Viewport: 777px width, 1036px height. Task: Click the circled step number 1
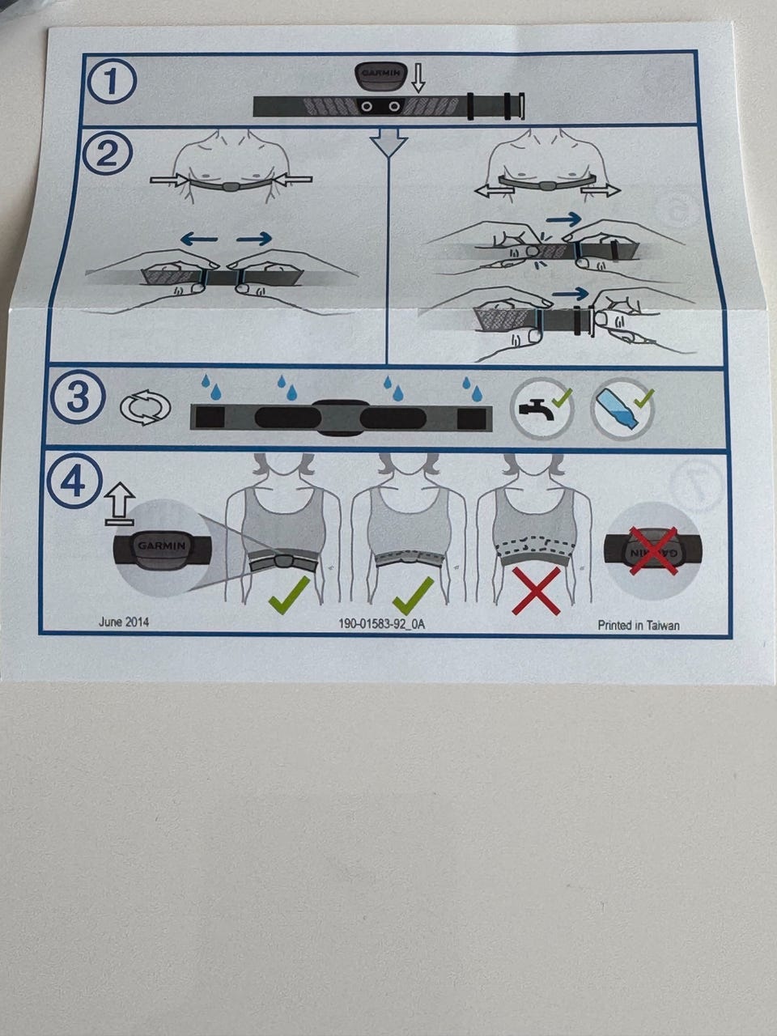[113, 80]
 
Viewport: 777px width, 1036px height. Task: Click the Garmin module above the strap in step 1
[380, 76]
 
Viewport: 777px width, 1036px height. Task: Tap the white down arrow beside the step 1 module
[418, 79]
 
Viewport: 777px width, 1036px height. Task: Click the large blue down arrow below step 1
[388, 142]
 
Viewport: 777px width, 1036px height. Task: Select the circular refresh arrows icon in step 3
[146, 406]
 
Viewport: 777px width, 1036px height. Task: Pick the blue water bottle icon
[622, 409]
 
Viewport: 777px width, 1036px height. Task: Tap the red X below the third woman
[536, 591]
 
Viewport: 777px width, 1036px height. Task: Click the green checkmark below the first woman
[289, 594]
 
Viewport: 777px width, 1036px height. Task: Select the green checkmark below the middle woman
[413, 594]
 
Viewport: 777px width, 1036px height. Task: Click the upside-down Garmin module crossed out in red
[652, 552]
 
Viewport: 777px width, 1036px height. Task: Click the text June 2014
[124, 622]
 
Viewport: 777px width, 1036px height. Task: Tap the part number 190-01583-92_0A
[382, 624]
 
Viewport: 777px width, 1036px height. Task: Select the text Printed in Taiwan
[639, 626]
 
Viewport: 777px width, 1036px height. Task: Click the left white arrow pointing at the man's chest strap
[169, 180]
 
